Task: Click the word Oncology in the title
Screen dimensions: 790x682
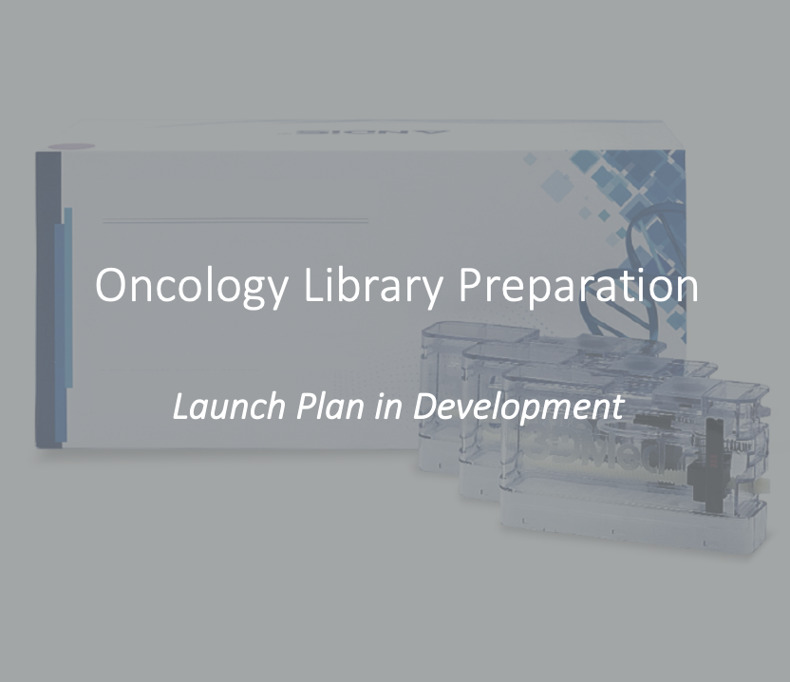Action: pos(192,286)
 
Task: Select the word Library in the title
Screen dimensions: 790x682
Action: pos(373,285)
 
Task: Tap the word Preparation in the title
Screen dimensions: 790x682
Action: pos(578,285)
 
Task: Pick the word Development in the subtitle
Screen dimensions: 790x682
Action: pos(519,407)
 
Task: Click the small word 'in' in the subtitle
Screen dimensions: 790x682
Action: pos(388,407)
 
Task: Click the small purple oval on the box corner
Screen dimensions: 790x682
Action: pos(71,146)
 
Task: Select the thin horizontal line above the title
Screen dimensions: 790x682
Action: pos(235,220)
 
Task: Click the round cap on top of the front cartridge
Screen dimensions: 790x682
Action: pos(681,388)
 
